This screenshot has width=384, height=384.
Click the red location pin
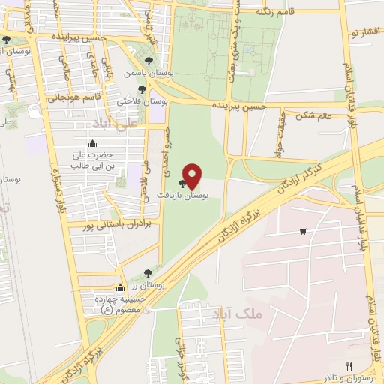[193, 176]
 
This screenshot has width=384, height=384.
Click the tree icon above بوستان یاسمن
[148, 61]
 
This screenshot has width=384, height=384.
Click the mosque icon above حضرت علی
[92, 143]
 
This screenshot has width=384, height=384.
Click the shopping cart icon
[302, 232]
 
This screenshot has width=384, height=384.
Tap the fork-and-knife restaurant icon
[348, 365]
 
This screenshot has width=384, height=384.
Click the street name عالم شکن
[313, 115]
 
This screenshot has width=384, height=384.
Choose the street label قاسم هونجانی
[74, 97]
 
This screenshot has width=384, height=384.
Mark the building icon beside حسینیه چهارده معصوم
[120, 287]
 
